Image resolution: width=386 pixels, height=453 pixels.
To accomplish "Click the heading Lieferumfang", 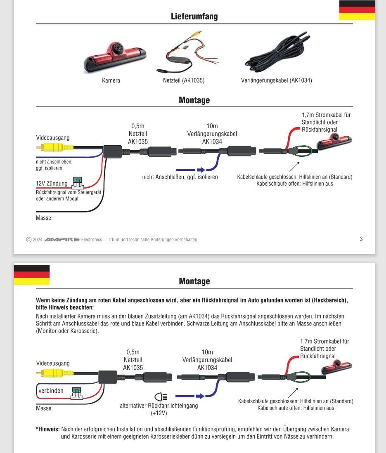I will (194, 17).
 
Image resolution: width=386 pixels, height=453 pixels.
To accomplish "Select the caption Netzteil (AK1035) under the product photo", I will (184, 81).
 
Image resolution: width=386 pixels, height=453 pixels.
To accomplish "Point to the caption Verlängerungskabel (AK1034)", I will (276, 81).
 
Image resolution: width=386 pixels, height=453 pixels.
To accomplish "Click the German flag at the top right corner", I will (357, 10).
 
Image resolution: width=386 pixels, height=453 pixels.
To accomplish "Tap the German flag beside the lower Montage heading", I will (32, 275).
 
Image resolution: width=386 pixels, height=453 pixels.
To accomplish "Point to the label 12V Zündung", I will (52, 183).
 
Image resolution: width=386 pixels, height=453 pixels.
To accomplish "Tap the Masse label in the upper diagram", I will (43, 218).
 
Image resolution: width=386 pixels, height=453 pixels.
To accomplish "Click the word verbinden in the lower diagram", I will (51, 391).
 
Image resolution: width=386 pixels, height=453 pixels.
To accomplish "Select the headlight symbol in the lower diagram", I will (161, 397).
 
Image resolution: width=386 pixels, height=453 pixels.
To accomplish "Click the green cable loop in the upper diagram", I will (301, 151).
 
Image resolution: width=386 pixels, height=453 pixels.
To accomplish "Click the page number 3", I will (361, 239).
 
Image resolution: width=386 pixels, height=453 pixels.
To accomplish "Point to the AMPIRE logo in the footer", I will (62, 240).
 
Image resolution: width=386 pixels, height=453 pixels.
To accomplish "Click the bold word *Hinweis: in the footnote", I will (48, 429).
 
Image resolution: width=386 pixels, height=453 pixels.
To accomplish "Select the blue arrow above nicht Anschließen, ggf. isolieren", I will (191, 170).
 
